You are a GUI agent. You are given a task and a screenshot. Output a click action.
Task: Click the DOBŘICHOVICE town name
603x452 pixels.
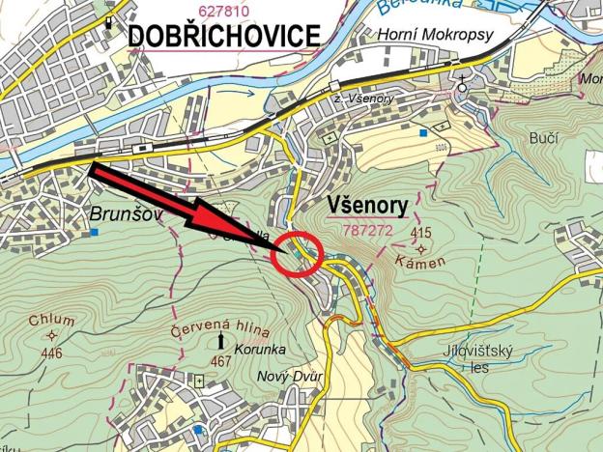223,36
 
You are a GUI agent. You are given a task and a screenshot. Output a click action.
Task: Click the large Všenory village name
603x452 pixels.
359,206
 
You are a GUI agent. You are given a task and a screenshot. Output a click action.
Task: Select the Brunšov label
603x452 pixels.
123,214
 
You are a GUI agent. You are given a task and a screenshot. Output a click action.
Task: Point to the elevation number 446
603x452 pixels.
51,353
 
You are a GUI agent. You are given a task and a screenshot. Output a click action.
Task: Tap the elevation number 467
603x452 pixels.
221,361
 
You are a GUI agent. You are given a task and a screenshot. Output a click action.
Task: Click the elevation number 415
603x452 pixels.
420,233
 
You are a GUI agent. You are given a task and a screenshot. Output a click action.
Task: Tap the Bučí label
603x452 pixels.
544,139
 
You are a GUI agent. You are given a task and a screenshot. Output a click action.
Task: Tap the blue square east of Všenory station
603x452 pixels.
423,131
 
